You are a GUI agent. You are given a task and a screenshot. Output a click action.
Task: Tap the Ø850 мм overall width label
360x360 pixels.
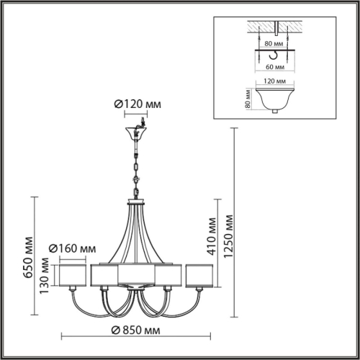[137, 330]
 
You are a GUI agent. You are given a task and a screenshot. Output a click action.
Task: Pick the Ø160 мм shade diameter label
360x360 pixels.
[72, 248]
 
